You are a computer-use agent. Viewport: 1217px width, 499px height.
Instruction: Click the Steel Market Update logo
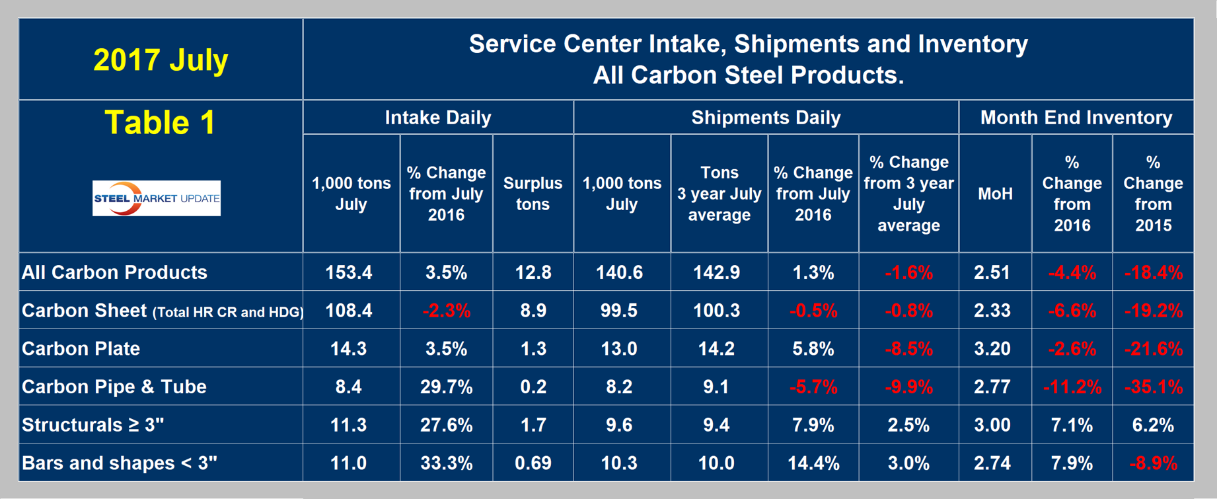click(x=157, y=198)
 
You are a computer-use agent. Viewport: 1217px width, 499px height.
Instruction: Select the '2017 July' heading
click(x=161, y=60)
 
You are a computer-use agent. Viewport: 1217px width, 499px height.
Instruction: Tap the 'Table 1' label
click(x=160, y=123)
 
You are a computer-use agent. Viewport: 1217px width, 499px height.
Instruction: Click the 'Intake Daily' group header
click(x=438, y=118)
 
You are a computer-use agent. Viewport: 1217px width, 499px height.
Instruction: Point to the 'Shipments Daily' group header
click(x=766, y=118)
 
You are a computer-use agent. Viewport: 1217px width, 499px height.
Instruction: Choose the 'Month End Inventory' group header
click(x=1076, y=118)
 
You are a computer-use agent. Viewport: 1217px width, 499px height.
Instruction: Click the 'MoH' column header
click(x=995, y=194)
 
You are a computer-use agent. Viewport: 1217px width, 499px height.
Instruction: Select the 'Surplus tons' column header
click(x=533, y=194)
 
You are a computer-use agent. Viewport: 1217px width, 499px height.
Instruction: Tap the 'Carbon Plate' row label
click(x=81, y=348)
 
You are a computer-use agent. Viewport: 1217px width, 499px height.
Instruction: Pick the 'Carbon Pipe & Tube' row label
click(x=114, y=387)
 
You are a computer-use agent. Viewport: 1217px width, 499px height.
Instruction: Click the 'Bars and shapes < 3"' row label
click(x=120, y=463)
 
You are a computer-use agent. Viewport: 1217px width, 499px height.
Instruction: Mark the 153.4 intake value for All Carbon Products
click(x=349, y=272)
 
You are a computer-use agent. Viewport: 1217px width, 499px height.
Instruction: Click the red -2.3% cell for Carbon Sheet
click(x=447, y=311)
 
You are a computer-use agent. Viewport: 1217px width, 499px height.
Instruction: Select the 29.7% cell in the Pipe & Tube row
click(x=447, y=387)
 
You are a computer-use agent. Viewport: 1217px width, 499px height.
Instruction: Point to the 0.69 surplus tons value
click(x=533, y=463)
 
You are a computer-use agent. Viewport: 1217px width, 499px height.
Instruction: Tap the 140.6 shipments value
click(x=619, y=272)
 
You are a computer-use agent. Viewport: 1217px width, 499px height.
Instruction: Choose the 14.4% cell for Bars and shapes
click(x=813, y=463)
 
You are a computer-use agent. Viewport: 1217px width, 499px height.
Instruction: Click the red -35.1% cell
click(x=1153, y=387)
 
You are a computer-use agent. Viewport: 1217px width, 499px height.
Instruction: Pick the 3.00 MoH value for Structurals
click(x=992, y=425)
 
